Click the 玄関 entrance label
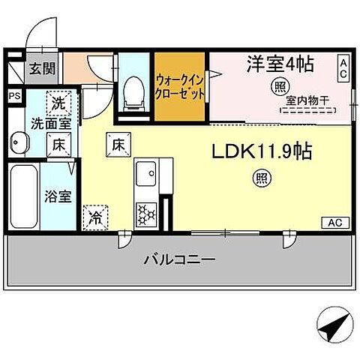coord(43,69)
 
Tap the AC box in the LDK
coord(335,221)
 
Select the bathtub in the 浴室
coord(25,197)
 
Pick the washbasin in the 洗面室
coord(19,142)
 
